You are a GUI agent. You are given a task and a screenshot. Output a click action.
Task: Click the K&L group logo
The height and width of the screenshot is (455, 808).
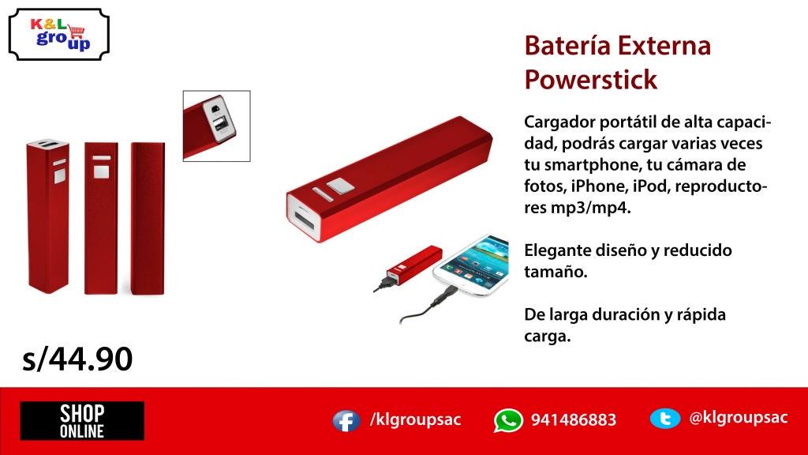pos(59,34)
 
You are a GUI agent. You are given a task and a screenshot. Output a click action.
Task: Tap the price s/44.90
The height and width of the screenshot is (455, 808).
pos(77,359)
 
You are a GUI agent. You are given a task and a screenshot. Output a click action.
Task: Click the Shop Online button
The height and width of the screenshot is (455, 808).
pos(82,420)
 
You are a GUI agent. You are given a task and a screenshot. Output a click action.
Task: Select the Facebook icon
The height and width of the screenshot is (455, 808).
pos(346,420)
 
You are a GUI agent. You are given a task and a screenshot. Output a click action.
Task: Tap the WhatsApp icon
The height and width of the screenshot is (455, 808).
pos(508,420)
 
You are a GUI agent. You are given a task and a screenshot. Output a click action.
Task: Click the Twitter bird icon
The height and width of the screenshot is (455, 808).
pos(664,419)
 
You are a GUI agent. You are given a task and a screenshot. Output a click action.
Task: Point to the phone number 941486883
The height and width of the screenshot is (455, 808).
pos(573,420)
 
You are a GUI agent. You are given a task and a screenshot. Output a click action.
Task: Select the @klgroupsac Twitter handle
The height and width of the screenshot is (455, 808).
pos(738,418)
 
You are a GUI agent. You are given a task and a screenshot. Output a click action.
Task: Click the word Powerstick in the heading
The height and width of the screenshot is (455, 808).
pos(590,80)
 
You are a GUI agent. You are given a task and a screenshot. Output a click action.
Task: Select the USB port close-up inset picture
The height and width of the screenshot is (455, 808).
pos(216,126)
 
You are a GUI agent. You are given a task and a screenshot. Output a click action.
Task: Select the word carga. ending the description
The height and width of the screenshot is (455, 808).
pos(547,336)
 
